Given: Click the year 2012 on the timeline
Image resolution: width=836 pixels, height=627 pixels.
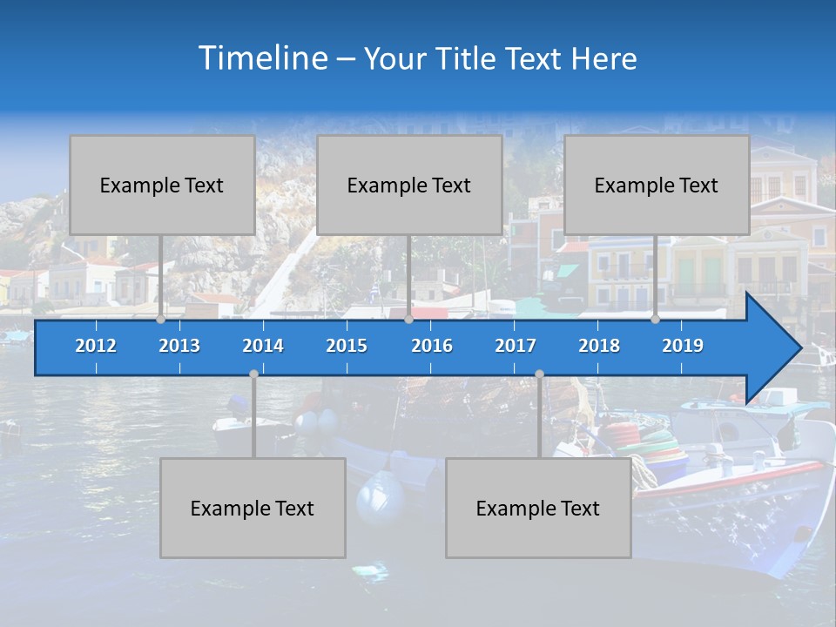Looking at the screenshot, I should click(96, 346).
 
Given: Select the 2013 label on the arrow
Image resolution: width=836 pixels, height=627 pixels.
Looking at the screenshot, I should click(179, 346).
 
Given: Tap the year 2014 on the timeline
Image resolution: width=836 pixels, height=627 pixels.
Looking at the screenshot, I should click(263, 346).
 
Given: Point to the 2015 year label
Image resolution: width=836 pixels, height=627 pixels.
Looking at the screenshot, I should click(347, 346).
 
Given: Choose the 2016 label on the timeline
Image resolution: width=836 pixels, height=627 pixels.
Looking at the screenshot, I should click(432, 346).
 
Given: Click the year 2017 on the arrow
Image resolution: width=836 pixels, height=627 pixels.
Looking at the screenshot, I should click(516, 346).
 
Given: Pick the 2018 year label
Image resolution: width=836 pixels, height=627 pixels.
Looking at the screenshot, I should click(599, 346).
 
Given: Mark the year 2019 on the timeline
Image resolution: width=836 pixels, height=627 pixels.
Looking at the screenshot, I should click(683, 346).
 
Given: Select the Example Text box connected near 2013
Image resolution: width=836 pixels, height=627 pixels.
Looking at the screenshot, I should click(162, 185).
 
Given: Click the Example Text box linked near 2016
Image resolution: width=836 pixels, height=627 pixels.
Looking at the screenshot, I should click(409, 185).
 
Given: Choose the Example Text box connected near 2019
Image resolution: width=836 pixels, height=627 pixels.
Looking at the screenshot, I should click(657, 185).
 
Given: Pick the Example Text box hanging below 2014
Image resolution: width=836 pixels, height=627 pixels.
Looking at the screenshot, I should click(253, 508).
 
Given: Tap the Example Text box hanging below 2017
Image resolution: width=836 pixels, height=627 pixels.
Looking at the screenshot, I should click(538, 508).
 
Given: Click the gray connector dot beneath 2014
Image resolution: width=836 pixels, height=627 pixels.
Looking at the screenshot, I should click(253, 374).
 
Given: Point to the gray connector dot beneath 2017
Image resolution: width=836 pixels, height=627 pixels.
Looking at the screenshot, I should click(539, 374).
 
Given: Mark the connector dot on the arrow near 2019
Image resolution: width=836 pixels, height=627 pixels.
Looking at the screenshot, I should click(655, 320).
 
